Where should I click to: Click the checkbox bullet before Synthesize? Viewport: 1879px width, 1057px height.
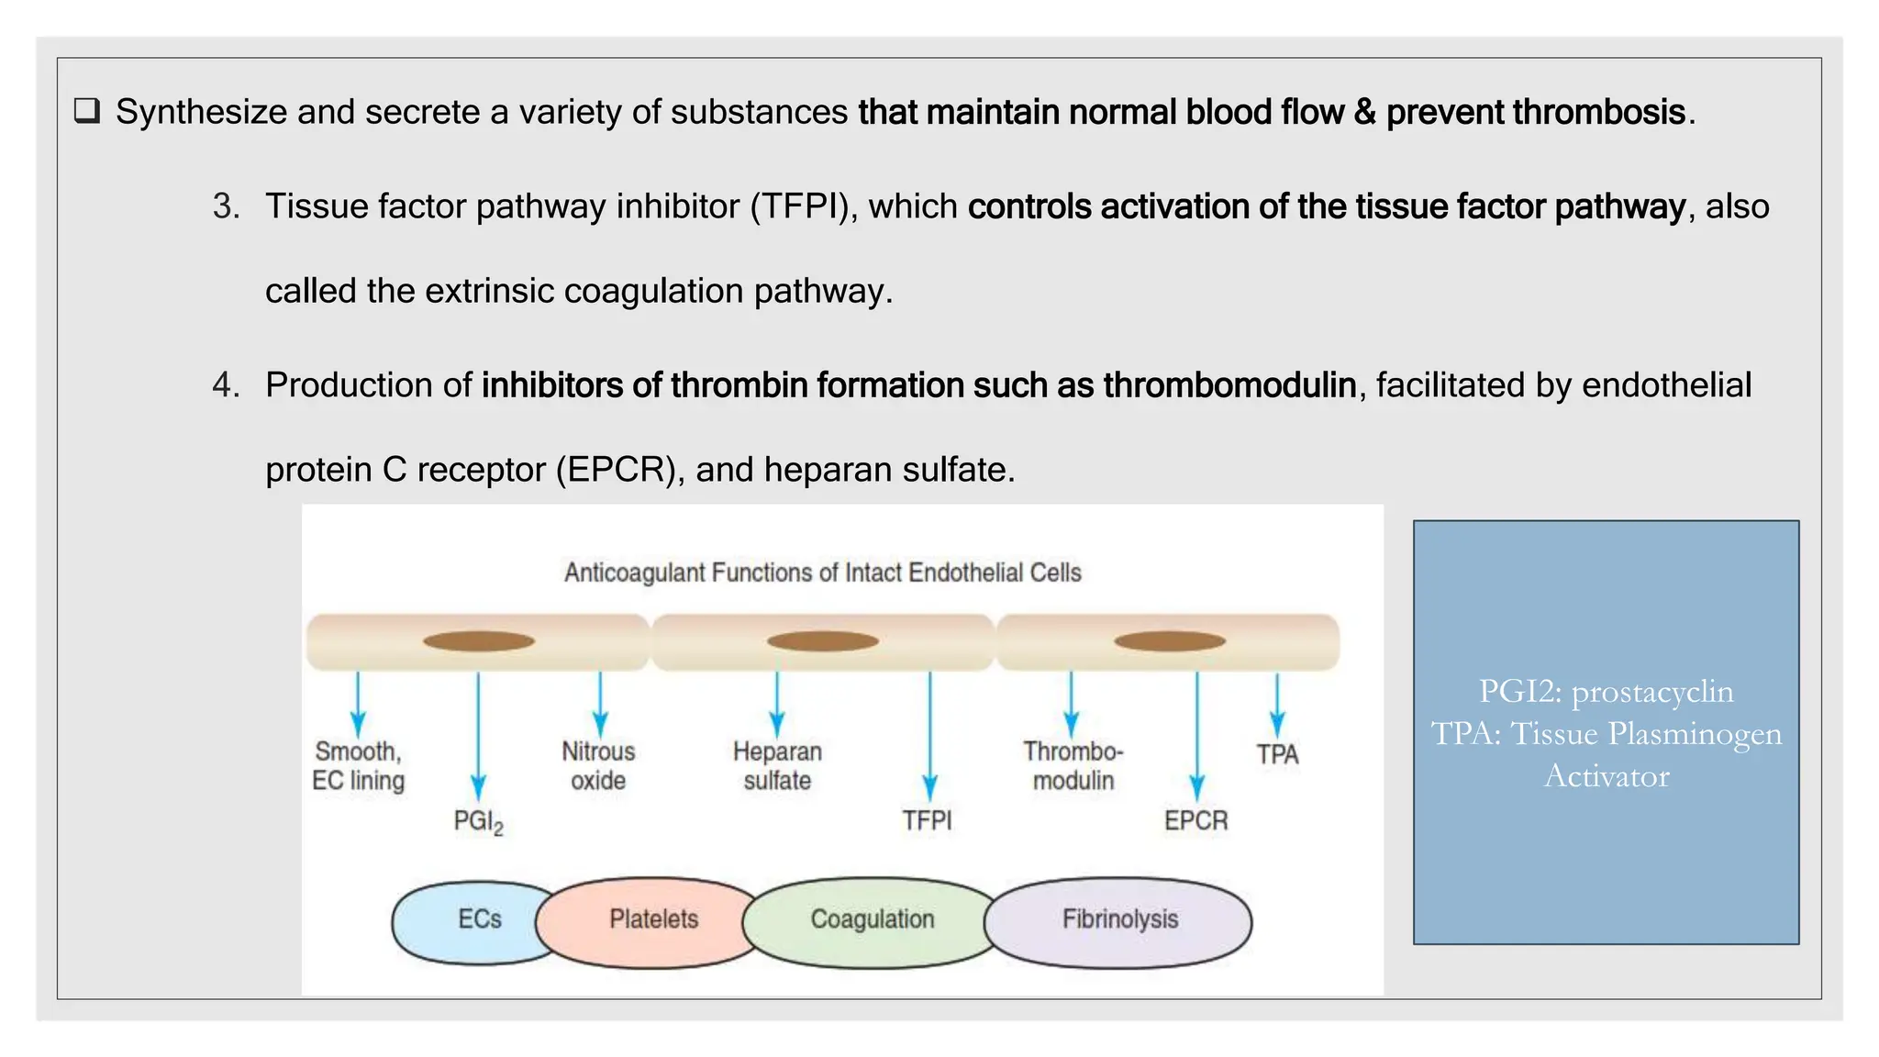[x=86, y=112]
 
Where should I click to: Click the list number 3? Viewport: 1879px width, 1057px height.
[x=225, y=206]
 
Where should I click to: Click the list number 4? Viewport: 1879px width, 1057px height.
[x=225, y=385]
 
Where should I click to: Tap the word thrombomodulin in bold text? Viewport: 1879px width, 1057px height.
[x=1229, y=385]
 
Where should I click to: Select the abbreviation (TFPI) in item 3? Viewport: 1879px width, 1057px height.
[x=803, y=206]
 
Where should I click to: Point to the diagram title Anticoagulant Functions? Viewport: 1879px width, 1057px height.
[x=822, y=573]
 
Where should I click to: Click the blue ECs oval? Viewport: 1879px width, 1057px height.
[x=468, y=921]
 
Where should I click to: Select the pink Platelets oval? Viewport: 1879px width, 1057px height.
[x=653, y=920]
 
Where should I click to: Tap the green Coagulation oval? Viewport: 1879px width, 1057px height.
[x=872, y=920]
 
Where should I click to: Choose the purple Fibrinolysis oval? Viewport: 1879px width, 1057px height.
[x=1119, y=920]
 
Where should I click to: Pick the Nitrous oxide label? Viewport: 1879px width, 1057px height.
[x=598, y=766]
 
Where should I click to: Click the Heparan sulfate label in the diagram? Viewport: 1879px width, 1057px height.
[x=777, y=766]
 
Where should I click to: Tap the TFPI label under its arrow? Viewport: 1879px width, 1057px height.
[x=927, y=820]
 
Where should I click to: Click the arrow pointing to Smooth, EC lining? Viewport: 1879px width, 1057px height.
[x=358, y=705]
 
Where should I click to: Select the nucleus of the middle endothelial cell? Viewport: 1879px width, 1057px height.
[x=822, y=641]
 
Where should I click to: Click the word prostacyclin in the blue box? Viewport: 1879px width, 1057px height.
[x=1652, y=692]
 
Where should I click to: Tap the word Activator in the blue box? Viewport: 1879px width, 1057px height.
[x=1607, y=776]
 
